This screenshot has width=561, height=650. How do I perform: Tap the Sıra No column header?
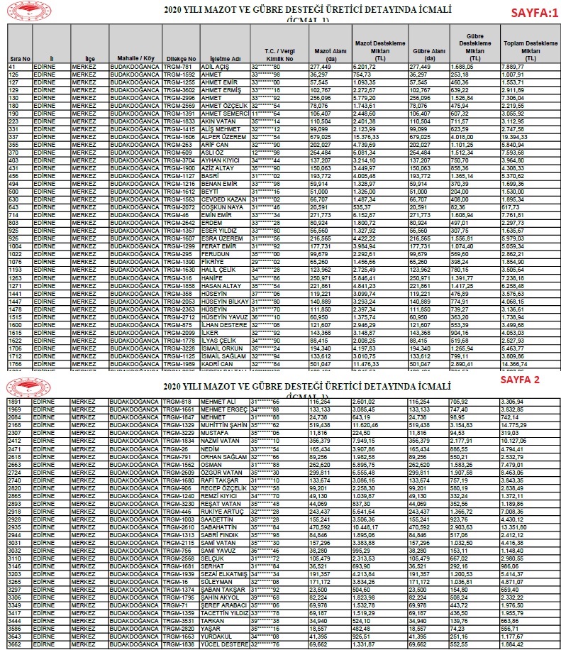[x=18, y=58]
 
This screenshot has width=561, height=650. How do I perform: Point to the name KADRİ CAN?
[x=218, y=363]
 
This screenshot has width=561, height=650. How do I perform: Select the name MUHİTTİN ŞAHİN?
[x=226, y=424]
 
